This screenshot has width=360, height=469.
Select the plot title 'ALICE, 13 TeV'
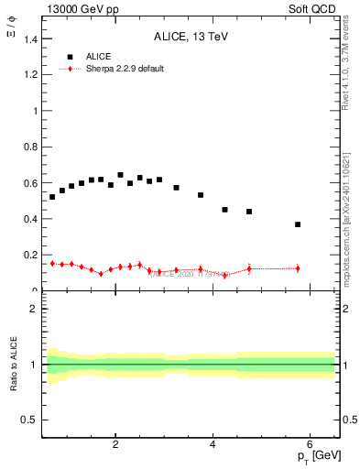tap(191, 37)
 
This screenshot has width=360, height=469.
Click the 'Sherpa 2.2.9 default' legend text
tap(125, 69)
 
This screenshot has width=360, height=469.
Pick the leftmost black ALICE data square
tap(52, 197)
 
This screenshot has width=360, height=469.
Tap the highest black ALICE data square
tap(120, 175)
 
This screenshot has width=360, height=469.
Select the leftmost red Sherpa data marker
tap(52, 264)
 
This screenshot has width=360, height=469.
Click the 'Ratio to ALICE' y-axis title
tap(14, 364)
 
